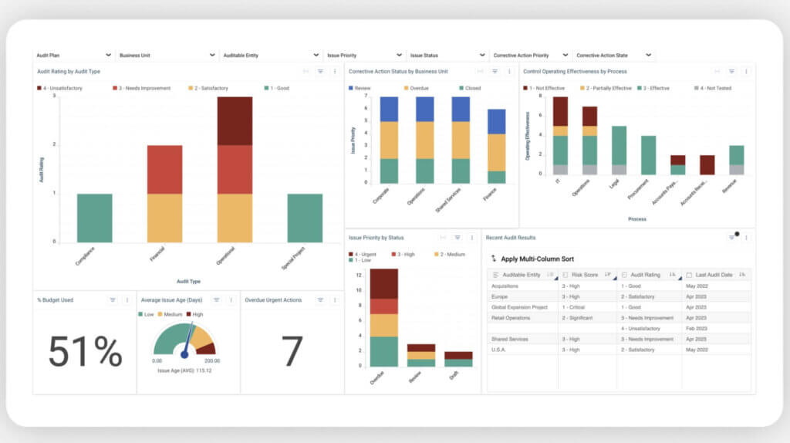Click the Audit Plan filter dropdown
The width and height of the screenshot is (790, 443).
coord(73,56)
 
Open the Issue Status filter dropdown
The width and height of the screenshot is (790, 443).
coord(447,56)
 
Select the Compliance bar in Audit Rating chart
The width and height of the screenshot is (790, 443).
coord(94,218)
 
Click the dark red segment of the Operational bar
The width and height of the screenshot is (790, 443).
coord(234,120)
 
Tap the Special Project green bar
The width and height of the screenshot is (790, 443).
coord(305,218)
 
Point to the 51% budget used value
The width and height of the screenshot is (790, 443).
coord(85,352)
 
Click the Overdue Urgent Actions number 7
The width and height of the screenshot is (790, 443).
coord(292,352)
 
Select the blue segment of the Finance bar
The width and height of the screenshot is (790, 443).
coord(496,121)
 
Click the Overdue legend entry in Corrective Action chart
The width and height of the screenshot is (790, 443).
coord(419,88)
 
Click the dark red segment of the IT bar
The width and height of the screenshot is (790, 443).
coord(560,111)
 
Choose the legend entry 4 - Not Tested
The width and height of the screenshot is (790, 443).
coord(714,88)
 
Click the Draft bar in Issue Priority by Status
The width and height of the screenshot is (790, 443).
coord(458,359)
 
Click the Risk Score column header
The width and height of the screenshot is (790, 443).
coord(585,275)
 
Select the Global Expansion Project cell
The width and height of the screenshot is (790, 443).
coord(519,307)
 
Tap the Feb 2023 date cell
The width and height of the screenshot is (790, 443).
coord(697,328)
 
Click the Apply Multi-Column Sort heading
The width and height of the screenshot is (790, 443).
coord(538,259)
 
